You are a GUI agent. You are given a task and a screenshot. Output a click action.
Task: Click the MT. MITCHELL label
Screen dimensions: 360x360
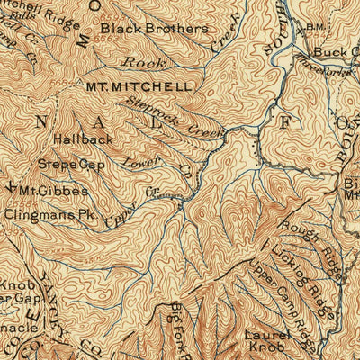(x=139, y=87)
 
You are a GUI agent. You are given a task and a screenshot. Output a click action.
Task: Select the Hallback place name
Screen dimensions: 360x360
(x=83, y=139)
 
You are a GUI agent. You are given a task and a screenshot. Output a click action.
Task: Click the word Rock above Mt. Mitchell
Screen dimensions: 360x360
(x=139, y=63)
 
